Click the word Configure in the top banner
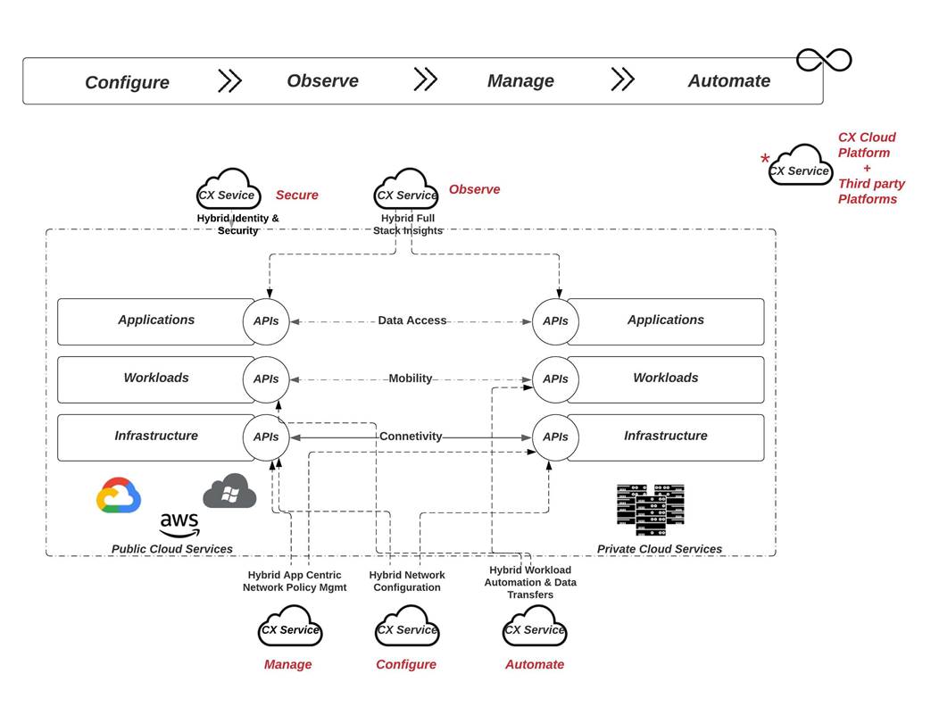[x=127, y=82]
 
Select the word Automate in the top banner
[x=728, y=80]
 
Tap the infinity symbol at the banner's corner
[x=823, y=60]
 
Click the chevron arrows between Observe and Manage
[x=426, y=79]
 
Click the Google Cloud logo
[x=119, y=495]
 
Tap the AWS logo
[x=179, y=524]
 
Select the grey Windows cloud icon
[x=229, y=491]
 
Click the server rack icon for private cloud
[x=650, y=509]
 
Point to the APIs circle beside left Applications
[x=266, y=320]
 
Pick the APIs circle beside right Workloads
[x=555, y=378]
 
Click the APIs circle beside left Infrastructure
[x=266, y=437]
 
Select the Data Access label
[x=411, y=320]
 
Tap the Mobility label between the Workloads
[x=411, y=378]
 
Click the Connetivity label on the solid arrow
[x=411, y=437]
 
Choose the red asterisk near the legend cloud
[x=765, y=160]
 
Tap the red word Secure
[x=296, y=195]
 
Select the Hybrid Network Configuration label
[x=407, y=581]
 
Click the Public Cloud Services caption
[x=171, y=549]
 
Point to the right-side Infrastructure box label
[x=665, y=436]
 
